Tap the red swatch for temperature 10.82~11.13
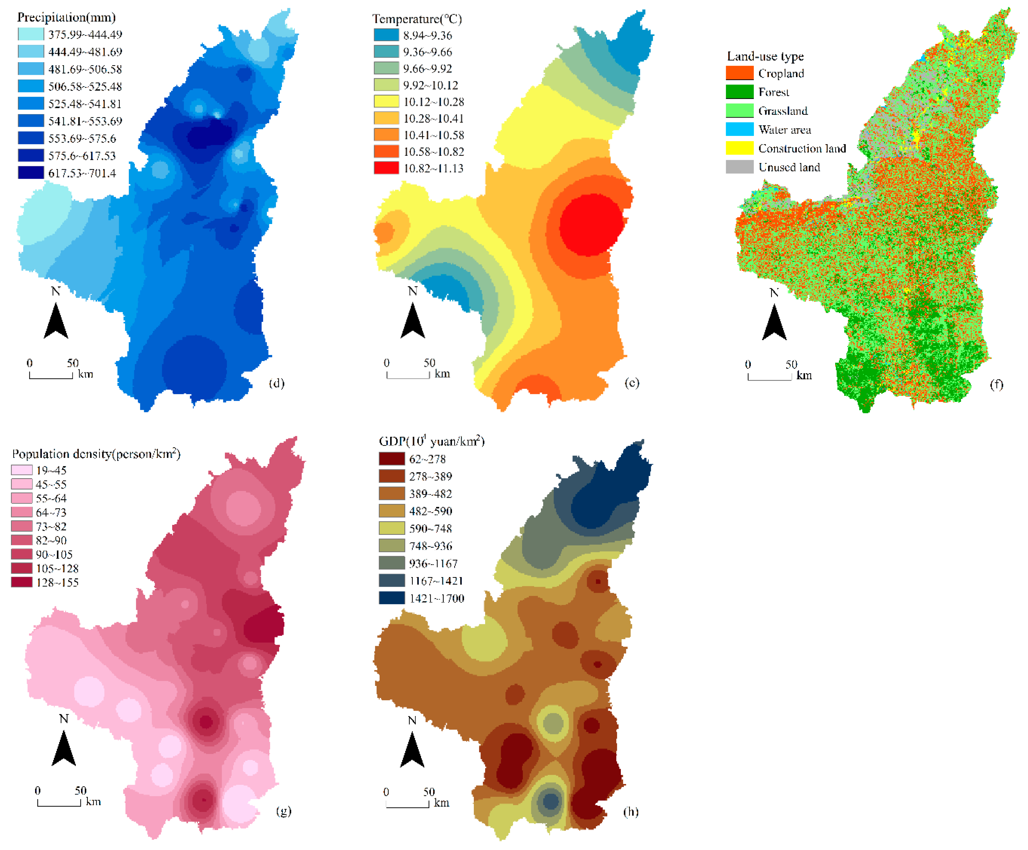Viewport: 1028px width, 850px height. [386, 168]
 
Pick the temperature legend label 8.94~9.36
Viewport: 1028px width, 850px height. [427, 35]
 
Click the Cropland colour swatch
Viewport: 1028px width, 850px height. [739, 73]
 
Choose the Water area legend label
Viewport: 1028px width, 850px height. [784, 130]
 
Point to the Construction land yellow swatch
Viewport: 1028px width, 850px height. [739, 148]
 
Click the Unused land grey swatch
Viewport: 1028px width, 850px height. [739, 167]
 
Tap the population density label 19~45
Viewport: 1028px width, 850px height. [51, 470]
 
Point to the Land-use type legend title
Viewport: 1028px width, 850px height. [765, 56]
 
